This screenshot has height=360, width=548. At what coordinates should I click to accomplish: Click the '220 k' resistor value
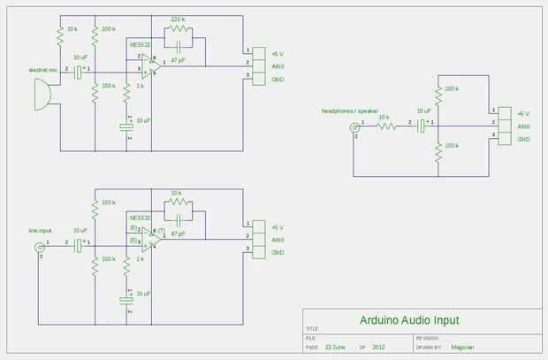point(178,19)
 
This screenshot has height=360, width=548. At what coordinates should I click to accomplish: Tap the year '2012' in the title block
point(379,348)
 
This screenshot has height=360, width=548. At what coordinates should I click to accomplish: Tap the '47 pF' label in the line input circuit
point(178,234)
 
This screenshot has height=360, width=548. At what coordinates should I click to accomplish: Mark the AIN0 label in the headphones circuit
point(523,126)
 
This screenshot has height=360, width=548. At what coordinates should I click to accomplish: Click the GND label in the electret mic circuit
point(278,78)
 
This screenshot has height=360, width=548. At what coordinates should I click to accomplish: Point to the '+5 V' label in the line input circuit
point(278,226)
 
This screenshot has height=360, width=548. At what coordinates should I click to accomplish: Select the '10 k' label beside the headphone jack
point(384,118)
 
